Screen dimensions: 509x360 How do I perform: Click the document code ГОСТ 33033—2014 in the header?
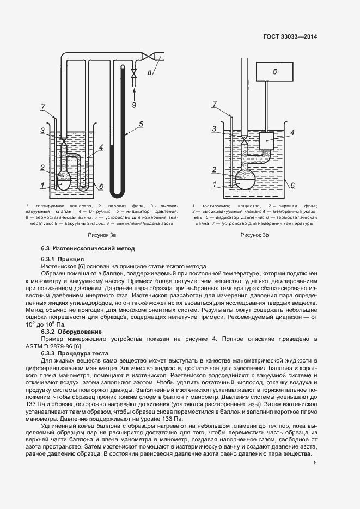[290, 36]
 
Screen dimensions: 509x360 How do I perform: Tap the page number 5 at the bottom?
[315, 463]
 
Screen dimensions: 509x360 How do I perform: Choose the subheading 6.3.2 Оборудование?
[70, 332]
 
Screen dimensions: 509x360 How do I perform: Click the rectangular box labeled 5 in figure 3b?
[274, 71]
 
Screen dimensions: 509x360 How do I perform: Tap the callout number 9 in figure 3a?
[134, 103]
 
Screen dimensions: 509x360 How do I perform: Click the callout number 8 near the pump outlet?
[151, 71]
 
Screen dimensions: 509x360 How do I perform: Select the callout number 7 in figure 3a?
[42, 106]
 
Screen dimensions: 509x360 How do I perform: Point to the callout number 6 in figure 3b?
[292, 185]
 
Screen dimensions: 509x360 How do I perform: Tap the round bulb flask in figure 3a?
[63, 180]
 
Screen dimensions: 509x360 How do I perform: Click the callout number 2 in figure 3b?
[215, 169]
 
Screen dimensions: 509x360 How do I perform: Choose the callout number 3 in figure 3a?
[42, 130]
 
